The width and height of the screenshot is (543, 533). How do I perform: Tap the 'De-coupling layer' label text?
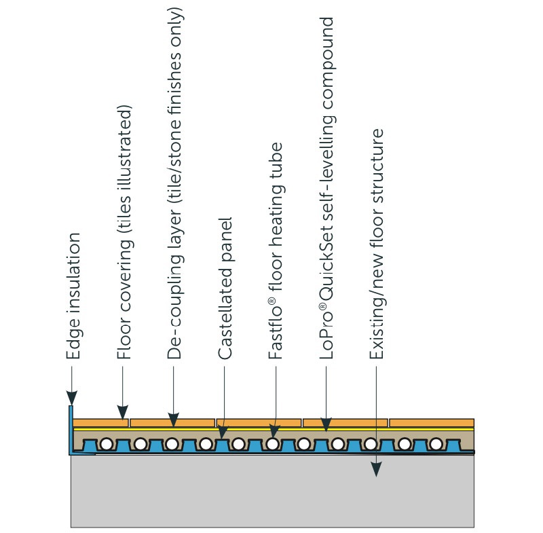pos(174,183)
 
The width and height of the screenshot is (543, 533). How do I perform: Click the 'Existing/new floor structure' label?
pos(377,244)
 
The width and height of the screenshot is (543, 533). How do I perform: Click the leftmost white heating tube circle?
pos(107,445)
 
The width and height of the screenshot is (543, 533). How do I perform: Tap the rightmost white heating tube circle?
pos(435,445)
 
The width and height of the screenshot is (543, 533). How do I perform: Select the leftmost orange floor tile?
pos(100,422)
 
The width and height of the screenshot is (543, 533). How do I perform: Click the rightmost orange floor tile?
pos(432,422)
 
